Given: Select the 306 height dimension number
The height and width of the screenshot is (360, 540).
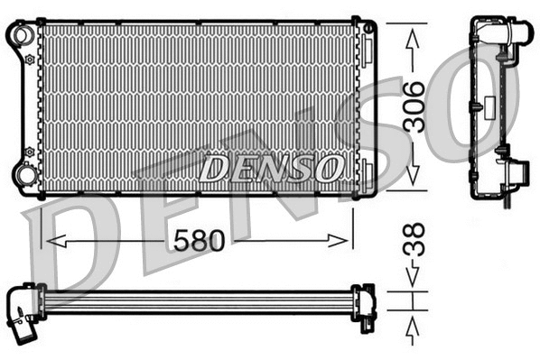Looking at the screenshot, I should pos(414,107).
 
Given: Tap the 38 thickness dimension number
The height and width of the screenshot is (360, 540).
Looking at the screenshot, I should pos(412,243).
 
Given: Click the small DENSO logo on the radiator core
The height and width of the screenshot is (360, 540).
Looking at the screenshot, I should pos(271,167).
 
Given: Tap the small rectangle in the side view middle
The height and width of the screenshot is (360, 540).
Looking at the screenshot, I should pos(472,107).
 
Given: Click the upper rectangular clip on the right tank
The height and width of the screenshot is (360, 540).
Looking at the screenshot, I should pos(368,29).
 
